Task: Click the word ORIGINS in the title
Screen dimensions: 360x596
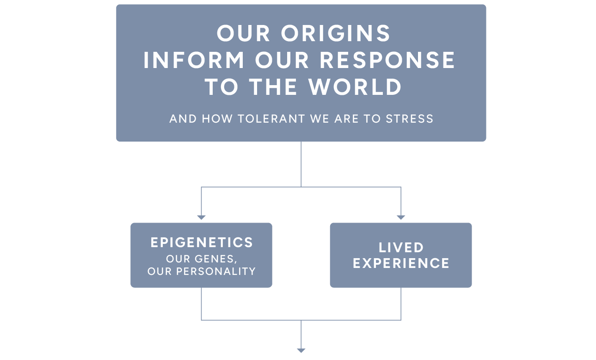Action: click(336, 33)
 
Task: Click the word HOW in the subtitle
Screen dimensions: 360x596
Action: click(217, 119)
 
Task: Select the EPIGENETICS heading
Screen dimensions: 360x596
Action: click(202, 242)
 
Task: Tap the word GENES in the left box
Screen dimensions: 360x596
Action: click(216, 259)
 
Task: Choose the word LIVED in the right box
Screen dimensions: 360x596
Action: click(401, 248)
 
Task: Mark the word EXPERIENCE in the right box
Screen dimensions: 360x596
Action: click(401, 264)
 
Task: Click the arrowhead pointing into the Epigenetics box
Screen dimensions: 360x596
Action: click(201, 217)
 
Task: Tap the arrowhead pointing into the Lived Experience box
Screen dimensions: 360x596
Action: click(401, 217)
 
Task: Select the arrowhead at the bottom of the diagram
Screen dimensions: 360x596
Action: click(301, 351)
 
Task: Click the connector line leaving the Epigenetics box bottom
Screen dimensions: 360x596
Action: click(201, 304)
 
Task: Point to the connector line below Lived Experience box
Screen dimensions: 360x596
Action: click(401, 304)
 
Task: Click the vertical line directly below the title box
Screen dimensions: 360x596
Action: click(301, 164)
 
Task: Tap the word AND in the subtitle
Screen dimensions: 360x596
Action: click(183, 119)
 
